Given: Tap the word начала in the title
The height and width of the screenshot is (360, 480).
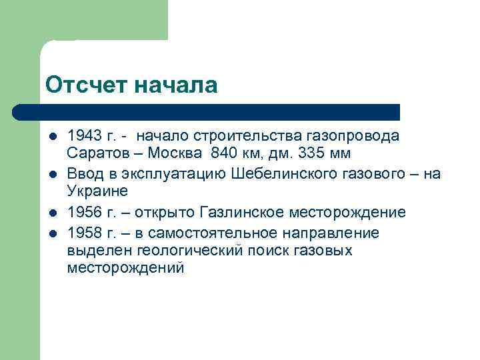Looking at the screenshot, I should (x=176, y=85).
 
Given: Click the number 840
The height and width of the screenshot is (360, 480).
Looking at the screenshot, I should (x=223, y=154).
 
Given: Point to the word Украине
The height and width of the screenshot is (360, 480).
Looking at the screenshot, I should (x=94, y=192).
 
